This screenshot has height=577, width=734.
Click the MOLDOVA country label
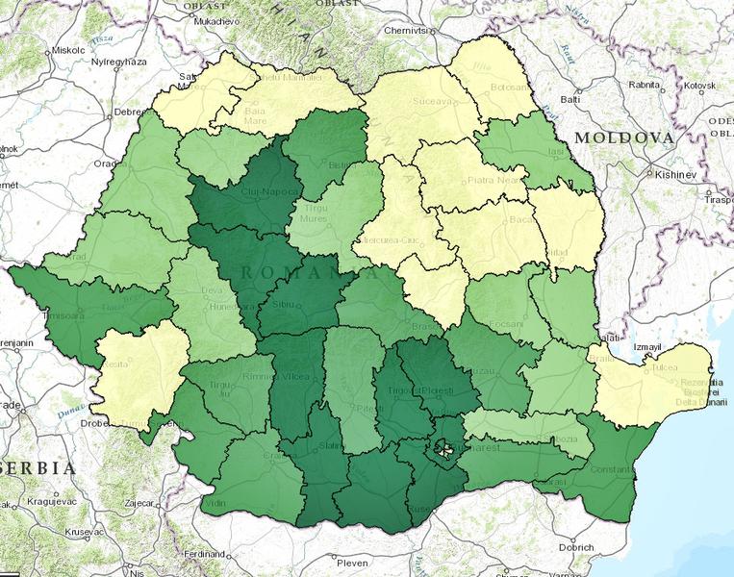623,138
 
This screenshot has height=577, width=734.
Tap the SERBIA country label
38,468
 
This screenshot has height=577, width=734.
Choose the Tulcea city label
668,365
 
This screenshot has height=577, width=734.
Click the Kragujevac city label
43,503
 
